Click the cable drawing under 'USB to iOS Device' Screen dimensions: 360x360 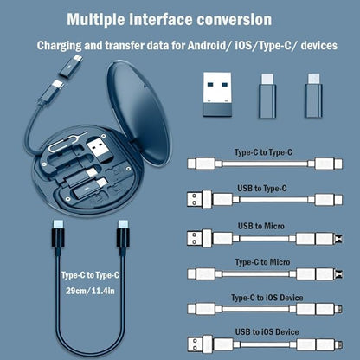click(x=270, y=344)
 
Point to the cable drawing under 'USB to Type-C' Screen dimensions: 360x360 click(x=270, y=202)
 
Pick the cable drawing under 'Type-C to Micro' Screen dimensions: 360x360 click(x=270, y=275)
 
